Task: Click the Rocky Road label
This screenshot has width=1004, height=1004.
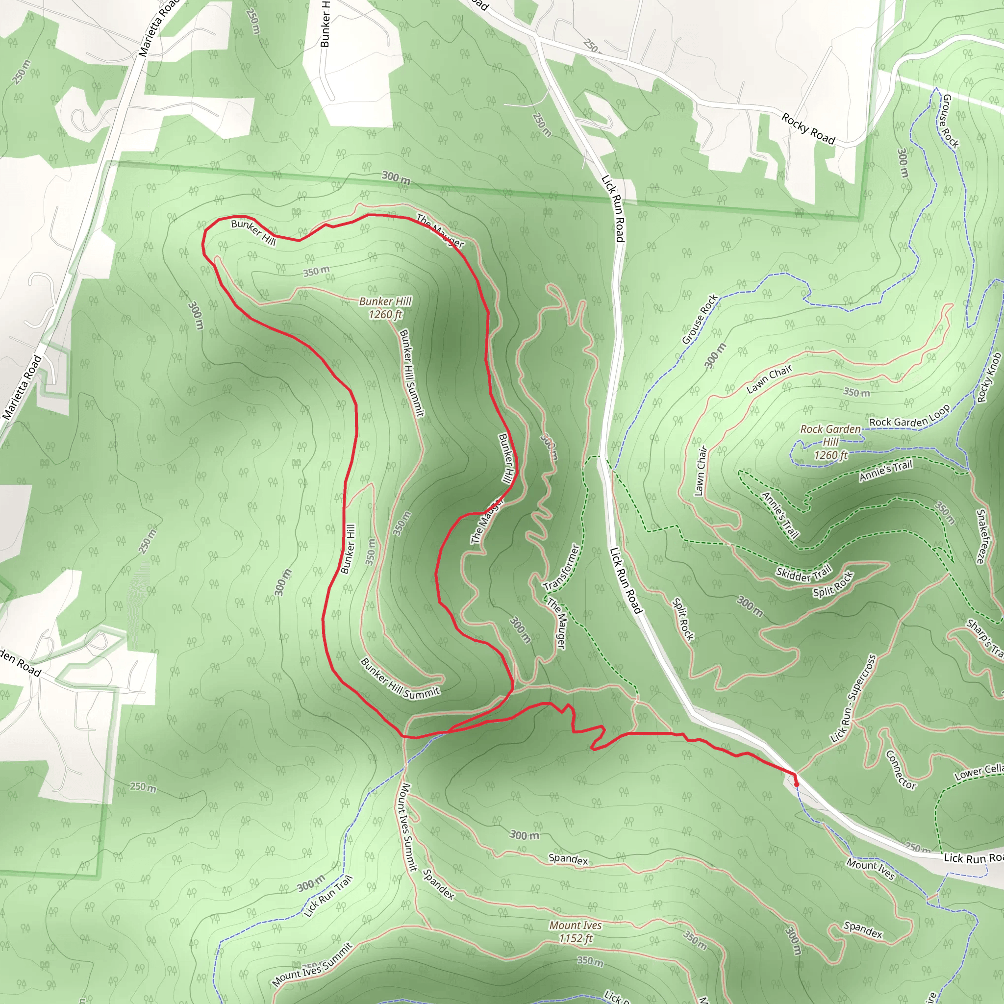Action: (x=808, y=128)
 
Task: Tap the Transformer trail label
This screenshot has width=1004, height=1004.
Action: (x=561, y=567)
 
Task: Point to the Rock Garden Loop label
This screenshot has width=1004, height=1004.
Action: (x=909, y=416)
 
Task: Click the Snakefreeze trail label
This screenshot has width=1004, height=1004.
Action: (x=980, y=536)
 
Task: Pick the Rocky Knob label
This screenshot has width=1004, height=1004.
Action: (x=988, y=378)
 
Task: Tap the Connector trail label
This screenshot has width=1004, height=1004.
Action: (x=900, y=770)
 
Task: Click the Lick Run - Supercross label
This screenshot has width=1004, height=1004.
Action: (x=853, y=699)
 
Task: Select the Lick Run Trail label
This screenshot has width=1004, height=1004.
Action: (x=328, y=896)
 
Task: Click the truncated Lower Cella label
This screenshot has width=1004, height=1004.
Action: (x=979, y=771)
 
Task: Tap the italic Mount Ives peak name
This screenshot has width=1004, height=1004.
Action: (x=575, y=926)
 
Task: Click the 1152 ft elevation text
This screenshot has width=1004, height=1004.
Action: (x=575, y=938)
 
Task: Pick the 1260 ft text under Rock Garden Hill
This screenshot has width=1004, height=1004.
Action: (x=830, y=456)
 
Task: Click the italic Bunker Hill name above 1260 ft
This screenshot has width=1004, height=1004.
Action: (x=385, y=301)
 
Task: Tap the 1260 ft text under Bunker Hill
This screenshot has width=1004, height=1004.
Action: (x=385, y=314)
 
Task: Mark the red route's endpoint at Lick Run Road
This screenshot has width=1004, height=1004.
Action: (x=797, y=782)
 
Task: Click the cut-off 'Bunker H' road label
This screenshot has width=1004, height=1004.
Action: (x=326, y=24)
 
